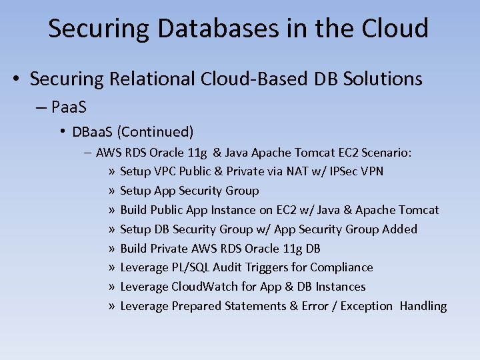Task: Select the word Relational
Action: click(x=143, y=79)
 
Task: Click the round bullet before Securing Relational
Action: click(x=17, y=79)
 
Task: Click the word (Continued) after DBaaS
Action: click(x=161, y=131)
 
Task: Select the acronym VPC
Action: click(x=167, y=171)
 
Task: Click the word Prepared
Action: click(x=197, y=306)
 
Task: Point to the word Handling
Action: click(x=423, y=306)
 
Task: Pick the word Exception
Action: click(x=367, y=306)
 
